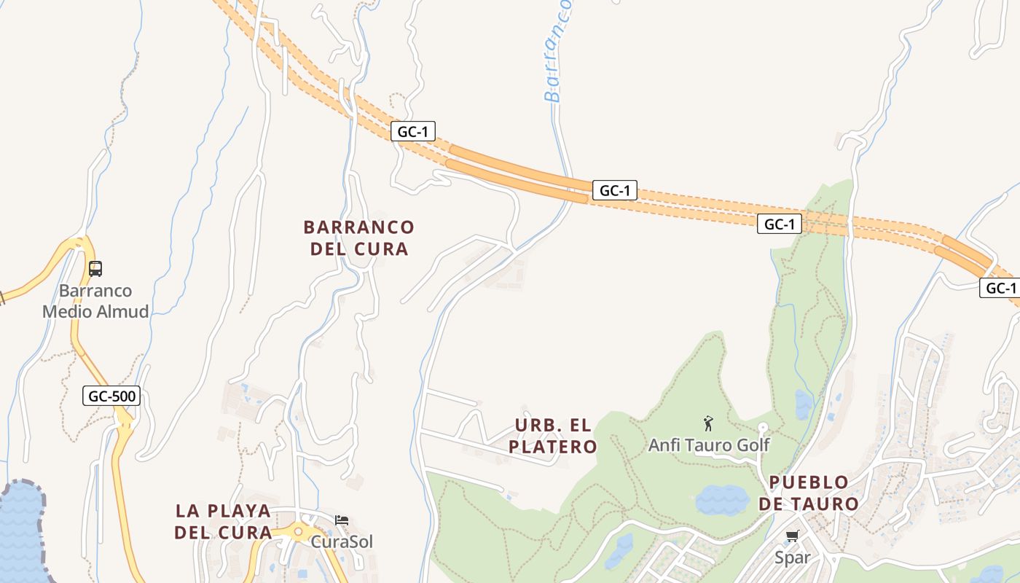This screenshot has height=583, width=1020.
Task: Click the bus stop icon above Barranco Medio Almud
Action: pyautogui.click(x=95, y=269)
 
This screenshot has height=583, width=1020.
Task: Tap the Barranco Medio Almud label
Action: pyautogui.click(x=95, y=301)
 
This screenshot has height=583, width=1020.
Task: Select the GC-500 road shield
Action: pyautogui.click(x=111, y=396)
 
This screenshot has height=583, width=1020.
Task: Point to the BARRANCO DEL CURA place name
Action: pyautogui.click(x=358, y=238)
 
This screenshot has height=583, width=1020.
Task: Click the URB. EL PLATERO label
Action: pyautogui.click(x=553, y=436)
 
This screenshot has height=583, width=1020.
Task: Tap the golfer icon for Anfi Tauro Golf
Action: pyautogui.click(x=708, y=423)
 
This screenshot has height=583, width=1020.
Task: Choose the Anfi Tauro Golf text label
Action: pyautogui.click(x=709, y=445)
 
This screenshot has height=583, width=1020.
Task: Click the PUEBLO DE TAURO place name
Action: pyautogui.click(x=809, y=493)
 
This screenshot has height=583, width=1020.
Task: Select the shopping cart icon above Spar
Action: pyautogui.click(x=792, y=536)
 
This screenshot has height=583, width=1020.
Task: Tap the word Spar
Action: pyautogui.click(x=792, y=558)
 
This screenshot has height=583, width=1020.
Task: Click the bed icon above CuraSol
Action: pyautogui.click(x=342, y=520)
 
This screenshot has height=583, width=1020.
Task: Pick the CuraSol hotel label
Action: pyautogui.click(x=342, y=542)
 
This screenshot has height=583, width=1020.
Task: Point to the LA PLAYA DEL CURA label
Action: pyautogui.click(x=223, y=522)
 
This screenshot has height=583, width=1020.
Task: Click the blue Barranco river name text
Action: pyautogui.click(x=558, y=51)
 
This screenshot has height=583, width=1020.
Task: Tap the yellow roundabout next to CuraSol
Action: pyautogui.click(x=297, y=531)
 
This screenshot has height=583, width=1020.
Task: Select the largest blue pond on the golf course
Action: pyautogui.click(x=721, y=500)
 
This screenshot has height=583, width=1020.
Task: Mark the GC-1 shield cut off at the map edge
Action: pyautogui.click(x=1000, y=288)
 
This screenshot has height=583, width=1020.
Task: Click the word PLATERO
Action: pyautogui.click(x=553, y=447)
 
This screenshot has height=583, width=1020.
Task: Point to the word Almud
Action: pyautogui.click(x=122, y=312)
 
